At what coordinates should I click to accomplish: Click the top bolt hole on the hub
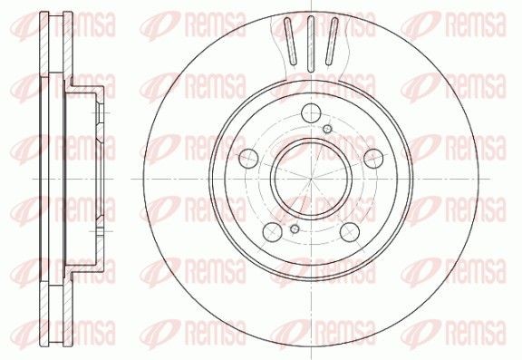(310, 113)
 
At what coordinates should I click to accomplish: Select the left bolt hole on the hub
(246, 159)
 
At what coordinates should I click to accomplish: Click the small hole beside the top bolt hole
(327, 131)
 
